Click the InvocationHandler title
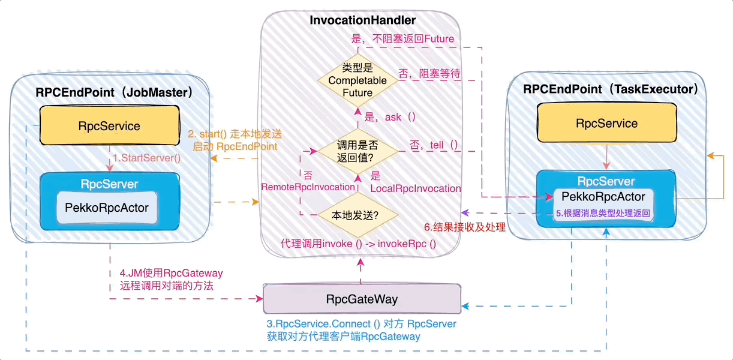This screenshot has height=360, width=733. [x=362, y=20]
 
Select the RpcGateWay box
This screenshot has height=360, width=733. [x=362, y=299]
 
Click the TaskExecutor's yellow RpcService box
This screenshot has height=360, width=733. [x=606, y=124]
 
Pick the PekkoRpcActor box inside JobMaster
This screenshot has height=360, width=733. [x=107, y=208]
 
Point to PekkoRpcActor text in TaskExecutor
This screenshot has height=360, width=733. [x=603, y=197]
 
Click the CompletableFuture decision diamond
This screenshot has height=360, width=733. [x=358, y=80]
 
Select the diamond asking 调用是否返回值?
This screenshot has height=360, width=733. [x=358, y=151]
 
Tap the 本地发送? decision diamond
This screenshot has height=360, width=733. [x=358, y=214]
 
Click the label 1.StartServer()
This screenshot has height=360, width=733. [x=147, y=159]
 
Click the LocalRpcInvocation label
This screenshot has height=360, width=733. [x=415, y=188]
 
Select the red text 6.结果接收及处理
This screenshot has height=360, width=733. [x=465, y=227]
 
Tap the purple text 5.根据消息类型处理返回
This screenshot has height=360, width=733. [x=603, y=213]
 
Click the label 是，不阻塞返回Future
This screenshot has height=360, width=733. [x=402, y=38]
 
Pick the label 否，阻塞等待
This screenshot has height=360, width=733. [x=429, y=74]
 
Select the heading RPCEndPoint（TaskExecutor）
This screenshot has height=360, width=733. [x=611, y=89]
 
